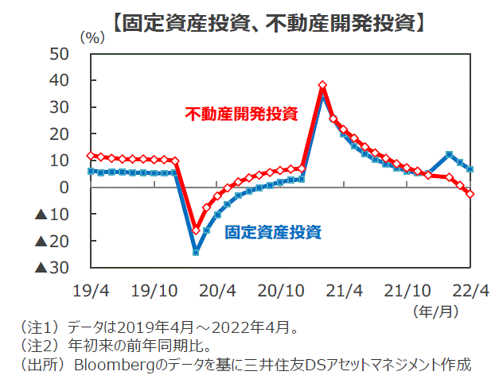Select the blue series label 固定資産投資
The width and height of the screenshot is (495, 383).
click(x=273, y=232)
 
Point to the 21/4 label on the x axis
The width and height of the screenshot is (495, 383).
click(x=345, y=289)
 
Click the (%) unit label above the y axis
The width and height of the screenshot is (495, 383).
click(x=92, y=37)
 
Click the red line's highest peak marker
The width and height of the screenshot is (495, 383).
click(x=322, y=85)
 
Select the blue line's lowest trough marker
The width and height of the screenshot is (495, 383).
click(x=196, y=252)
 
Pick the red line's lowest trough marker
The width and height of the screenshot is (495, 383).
click(x=196, y=230)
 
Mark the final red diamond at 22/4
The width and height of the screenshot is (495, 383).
click(x=471, y=194)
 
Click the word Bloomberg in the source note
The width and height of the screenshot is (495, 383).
click(x=116, y=365)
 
